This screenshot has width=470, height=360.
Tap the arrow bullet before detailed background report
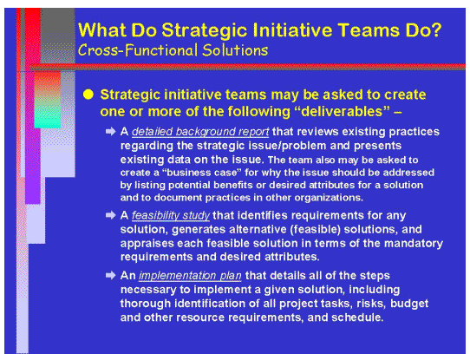[110, 131]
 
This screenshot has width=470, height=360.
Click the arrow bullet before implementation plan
[110, 275]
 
